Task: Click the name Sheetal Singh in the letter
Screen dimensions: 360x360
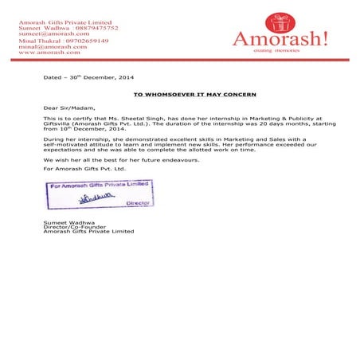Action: point(147,116)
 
